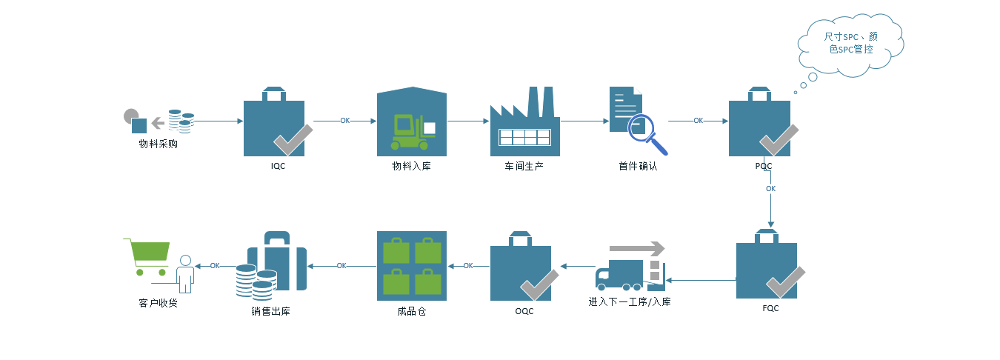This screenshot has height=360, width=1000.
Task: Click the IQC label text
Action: [278, 167]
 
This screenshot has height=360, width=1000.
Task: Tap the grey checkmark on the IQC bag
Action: [293, 139]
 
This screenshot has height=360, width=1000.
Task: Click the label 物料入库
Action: [411, 166]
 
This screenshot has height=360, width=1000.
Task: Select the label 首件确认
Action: [638, 166]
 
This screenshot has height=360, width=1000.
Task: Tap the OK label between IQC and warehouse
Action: [345, 121]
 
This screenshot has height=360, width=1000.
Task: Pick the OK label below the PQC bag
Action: [770, 189]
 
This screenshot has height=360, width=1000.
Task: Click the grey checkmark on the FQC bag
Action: [785, 282]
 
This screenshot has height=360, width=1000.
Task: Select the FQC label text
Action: [770, 308]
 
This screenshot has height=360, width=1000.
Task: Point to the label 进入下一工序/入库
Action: [630, 302]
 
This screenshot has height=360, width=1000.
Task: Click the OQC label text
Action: [524, 311]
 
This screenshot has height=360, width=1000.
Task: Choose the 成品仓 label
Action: [411, 311]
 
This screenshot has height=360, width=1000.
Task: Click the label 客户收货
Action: [158, 303]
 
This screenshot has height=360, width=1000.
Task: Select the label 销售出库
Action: [270, 311]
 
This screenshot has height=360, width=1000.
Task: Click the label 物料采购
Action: [158, 144]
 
